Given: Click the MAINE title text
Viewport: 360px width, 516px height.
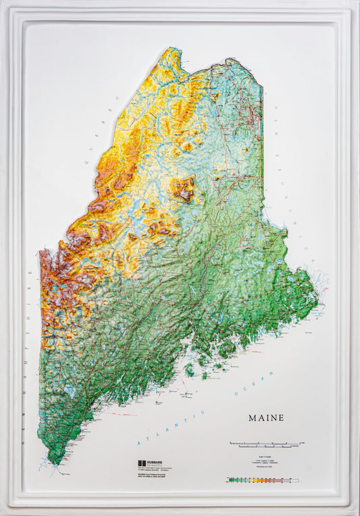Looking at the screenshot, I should pos(266,418).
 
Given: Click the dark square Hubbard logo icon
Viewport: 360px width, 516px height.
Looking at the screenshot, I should pos(141,464).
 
